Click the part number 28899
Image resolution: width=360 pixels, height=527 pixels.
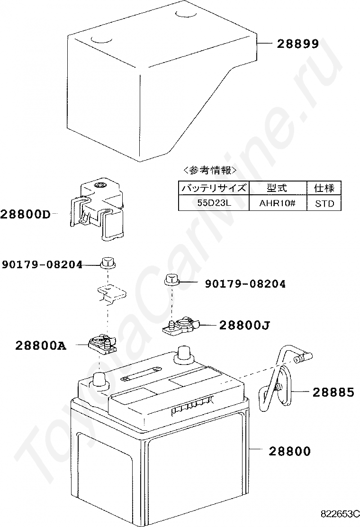point(297,44)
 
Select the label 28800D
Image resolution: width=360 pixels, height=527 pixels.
point(25,214)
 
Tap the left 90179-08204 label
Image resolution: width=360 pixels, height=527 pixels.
point(42,265)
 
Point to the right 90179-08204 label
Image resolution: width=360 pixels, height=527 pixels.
point(245,284)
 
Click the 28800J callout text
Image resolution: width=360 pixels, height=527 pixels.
point(244,325)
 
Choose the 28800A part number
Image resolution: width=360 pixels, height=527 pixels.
point(41,345)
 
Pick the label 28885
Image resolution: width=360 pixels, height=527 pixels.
point(333,392)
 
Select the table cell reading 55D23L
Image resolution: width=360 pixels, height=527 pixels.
point(214,203)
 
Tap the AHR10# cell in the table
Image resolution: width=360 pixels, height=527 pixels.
point(278,203)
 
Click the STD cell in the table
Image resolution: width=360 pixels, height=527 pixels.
point(324,203)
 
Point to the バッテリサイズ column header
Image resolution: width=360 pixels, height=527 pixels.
point(214,188)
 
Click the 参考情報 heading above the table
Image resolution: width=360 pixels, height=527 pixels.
point(210,171)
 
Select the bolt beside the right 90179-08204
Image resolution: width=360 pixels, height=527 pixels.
point(171,280)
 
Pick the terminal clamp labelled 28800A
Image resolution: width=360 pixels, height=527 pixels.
point(102,345)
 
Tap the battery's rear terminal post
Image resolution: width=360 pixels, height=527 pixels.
point(183,355)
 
